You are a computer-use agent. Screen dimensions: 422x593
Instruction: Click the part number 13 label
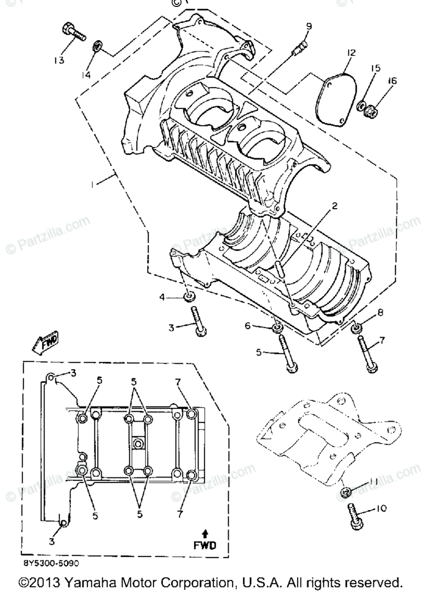pos(59,60)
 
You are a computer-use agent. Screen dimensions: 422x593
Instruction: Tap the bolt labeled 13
pos(73,32)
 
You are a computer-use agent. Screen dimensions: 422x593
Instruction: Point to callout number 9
pos(308,26)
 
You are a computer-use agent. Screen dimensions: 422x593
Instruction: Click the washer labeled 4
pos(188,297)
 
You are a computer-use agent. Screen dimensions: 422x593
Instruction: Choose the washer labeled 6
pos(277,328)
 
